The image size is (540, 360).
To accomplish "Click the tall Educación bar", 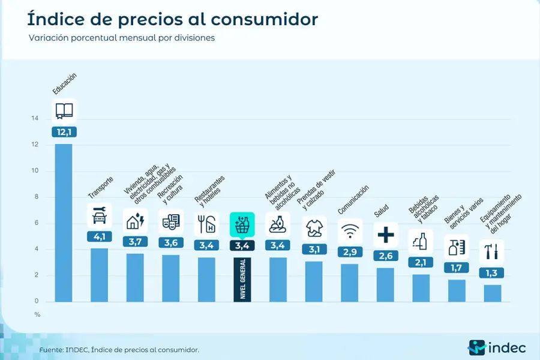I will coord(64,222).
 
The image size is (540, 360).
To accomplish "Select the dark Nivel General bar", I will coord(242,279).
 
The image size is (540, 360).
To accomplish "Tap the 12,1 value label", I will coord(64,132).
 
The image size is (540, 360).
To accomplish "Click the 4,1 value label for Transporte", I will coord(99,236).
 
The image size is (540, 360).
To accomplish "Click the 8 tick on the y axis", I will coord(37,197).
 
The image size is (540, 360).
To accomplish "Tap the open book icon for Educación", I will coord(64,110).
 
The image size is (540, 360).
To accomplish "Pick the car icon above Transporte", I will coord(99,215).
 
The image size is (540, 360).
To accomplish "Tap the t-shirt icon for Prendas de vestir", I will coord(314,228).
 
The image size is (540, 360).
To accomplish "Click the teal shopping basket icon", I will coord(242,224).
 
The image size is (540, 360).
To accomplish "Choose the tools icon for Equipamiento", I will coord(492,251).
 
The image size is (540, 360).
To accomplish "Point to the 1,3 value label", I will coord(492,272).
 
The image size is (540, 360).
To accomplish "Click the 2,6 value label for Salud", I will coord(385,256).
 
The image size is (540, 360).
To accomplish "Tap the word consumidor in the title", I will coord(264,19).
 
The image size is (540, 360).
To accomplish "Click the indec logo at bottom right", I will coord(497,347).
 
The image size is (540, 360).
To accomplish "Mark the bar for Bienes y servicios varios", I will coord(457,290).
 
